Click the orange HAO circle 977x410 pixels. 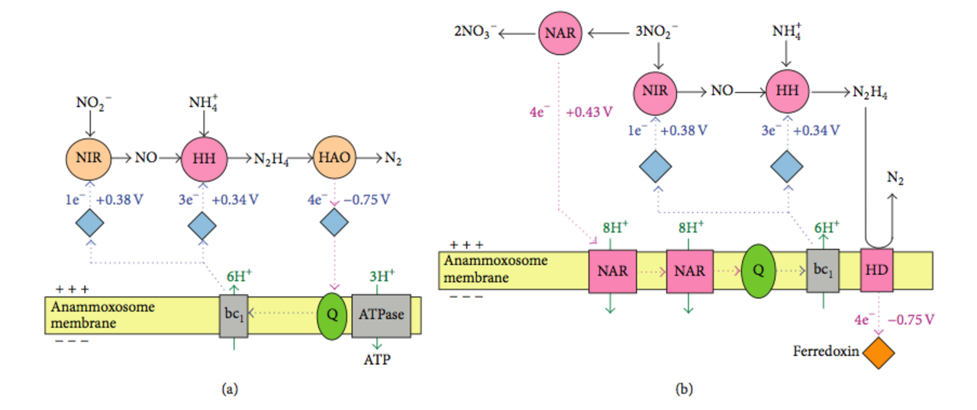[x=334, y=157]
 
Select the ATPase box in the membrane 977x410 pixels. [x=381, y=315]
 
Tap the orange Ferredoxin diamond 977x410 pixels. [x=879, y=353]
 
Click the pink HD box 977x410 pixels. [x=877, y=270]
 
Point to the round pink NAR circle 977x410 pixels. [x=560, y=33]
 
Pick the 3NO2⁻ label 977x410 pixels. [x=656, y=32]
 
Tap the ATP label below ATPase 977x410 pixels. [x=377, y=360]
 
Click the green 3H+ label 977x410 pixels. [x=382, y=276]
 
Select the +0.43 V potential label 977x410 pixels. [x=589, y=112]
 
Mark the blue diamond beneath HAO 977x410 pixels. [x=334, y=222]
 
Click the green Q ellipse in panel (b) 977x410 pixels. [x=759, y=271]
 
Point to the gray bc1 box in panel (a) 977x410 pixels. [x=234, y=316]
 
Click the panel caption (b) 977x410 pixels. [x=683, y=389]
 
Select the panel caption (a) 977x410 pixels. [x=230, y=389]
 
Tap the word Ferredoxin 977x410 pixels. [x=826, y=351]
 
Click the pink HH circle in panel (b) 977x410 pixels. [x=787, y=91]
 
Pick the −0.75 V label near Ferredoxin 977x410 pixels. [x=911, y=320]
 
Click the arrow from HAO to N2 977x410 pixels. [x=369, y=157]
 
